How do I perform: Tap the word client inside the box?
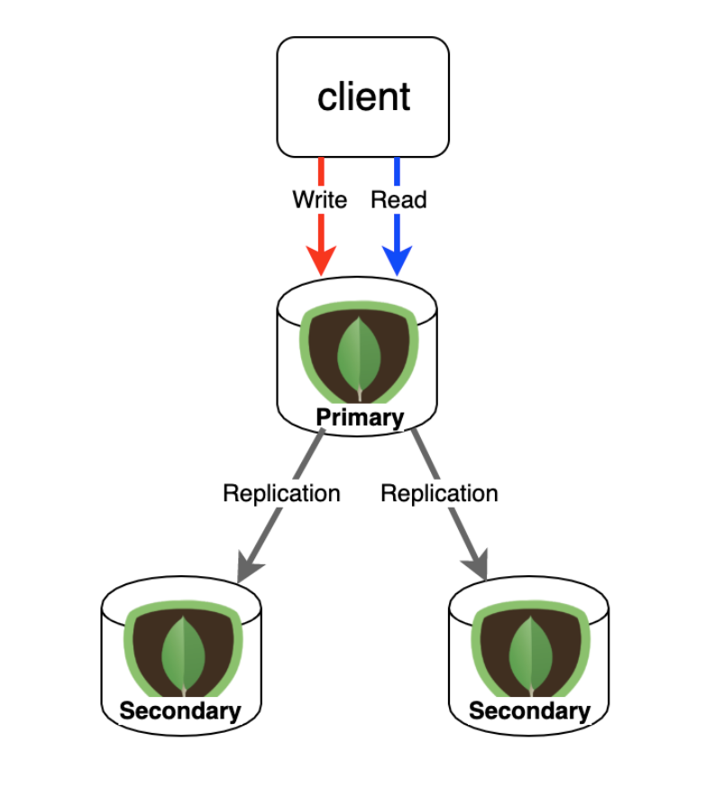click(363, 96)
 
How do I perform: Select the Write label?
click(319, 199)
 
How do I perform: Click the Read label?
click(398, 199)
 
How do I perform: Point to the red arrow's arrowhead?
click(321, 261)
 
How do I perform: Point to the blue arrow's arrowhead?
click(397, 261)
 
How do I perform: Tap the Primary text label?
click(359, 417)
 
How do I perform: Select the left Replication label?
click(281, 493)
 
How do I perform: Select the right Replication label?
click(439, 493)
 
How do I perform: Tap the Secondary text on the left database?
click(180, 710)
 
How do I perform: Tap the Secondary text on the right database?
click(529, 710)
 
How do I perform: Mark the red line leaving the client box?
click(321, 171)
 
